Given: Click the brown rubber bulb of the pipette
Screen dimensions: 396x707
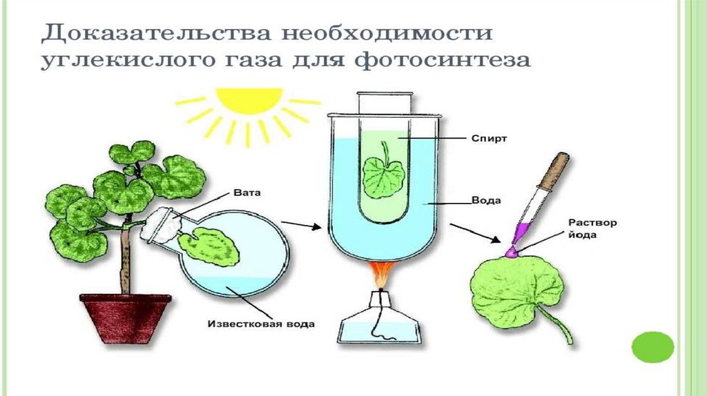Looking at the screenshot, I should click(559, 168).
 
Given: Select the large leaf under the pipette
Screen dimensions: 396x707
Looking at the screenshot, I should click(514, 293).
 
